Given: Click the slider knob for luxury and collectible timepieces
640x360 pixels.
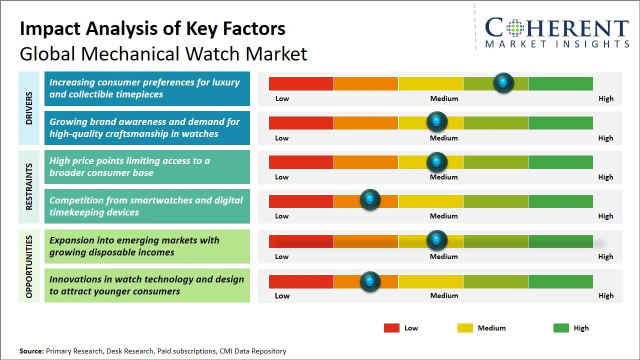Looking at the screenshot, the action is (x=503, y=83).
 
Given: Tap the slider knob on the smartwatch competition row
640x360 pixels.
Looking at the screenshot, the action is (x=370, y=199).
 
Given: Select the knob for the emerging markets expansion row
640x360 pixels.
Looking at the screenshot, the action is (x=436, y=240).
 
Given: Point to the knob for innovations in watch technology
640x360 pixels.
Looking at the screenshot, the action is (x=370, y=281).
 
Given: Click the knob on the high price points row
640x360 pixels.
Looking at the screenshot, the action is (x=436, y=162).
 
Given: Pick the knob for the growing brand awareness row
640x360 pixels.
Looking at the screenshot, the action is (x=436, y=121).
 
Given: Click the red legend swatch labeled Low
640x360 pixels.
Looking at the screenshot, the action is (x=391, y=328).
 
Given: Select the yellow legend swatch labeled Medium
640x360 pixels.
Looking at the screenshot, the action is (x=465, y=328).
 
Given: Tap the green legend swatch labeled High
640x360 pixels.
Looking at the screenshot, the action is (x=561, y=328).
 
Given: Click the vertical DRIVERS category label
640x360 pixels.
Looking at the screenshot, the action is (x=29, y=108).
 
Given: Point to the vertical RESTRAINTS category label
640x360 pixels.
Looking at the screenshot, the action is (x=29, y=186).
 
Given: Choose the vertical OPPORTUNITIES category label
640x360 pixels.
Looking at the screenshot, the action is (x=29, y=266).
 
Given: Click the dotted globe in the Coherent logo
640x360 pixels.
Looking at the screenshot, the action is (x=515, y=27).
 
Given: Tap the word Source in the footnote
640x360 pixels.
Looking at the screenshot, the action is (x=31, y=351).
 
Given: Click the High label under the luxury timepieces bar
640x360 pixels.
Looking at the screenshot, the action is (x=606, y=98).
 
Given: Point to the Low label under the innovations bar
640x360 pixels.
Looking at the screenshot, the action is (x=282, y=295).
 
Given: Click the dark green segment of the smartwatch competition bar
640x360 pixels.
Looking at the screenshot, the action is (x=560, y=201).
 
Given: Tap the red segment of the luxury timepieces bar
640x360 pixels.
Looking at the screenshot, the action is (x=301, y=83).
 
